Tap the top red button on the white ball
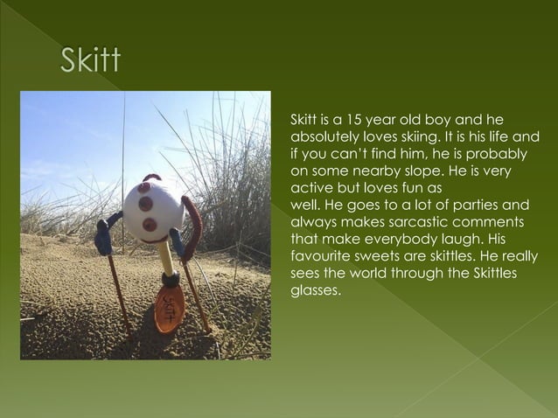pos(143,188)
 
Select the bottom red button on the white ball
pos(150,225)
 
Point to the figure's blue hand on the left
pos(103,237)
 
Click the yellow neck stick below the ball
pos(164,257)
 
